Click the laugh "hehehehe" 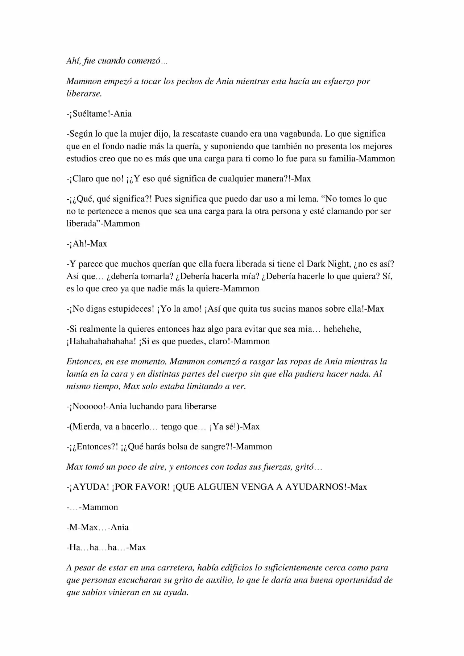(x=342, y=329)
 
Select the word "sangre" (x=211, y=447)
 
